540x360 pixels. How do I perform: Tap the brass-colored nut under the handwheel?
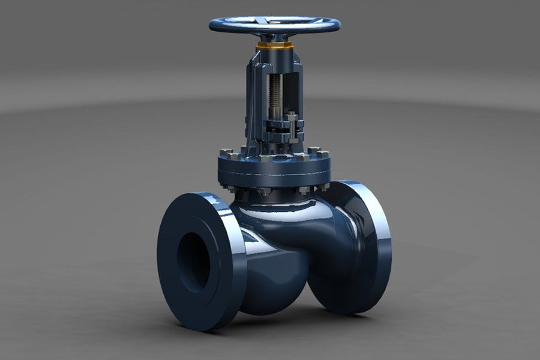click(x=274, y=46)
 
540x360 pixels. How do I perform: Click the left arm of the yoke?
click(x=254, y=96)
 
